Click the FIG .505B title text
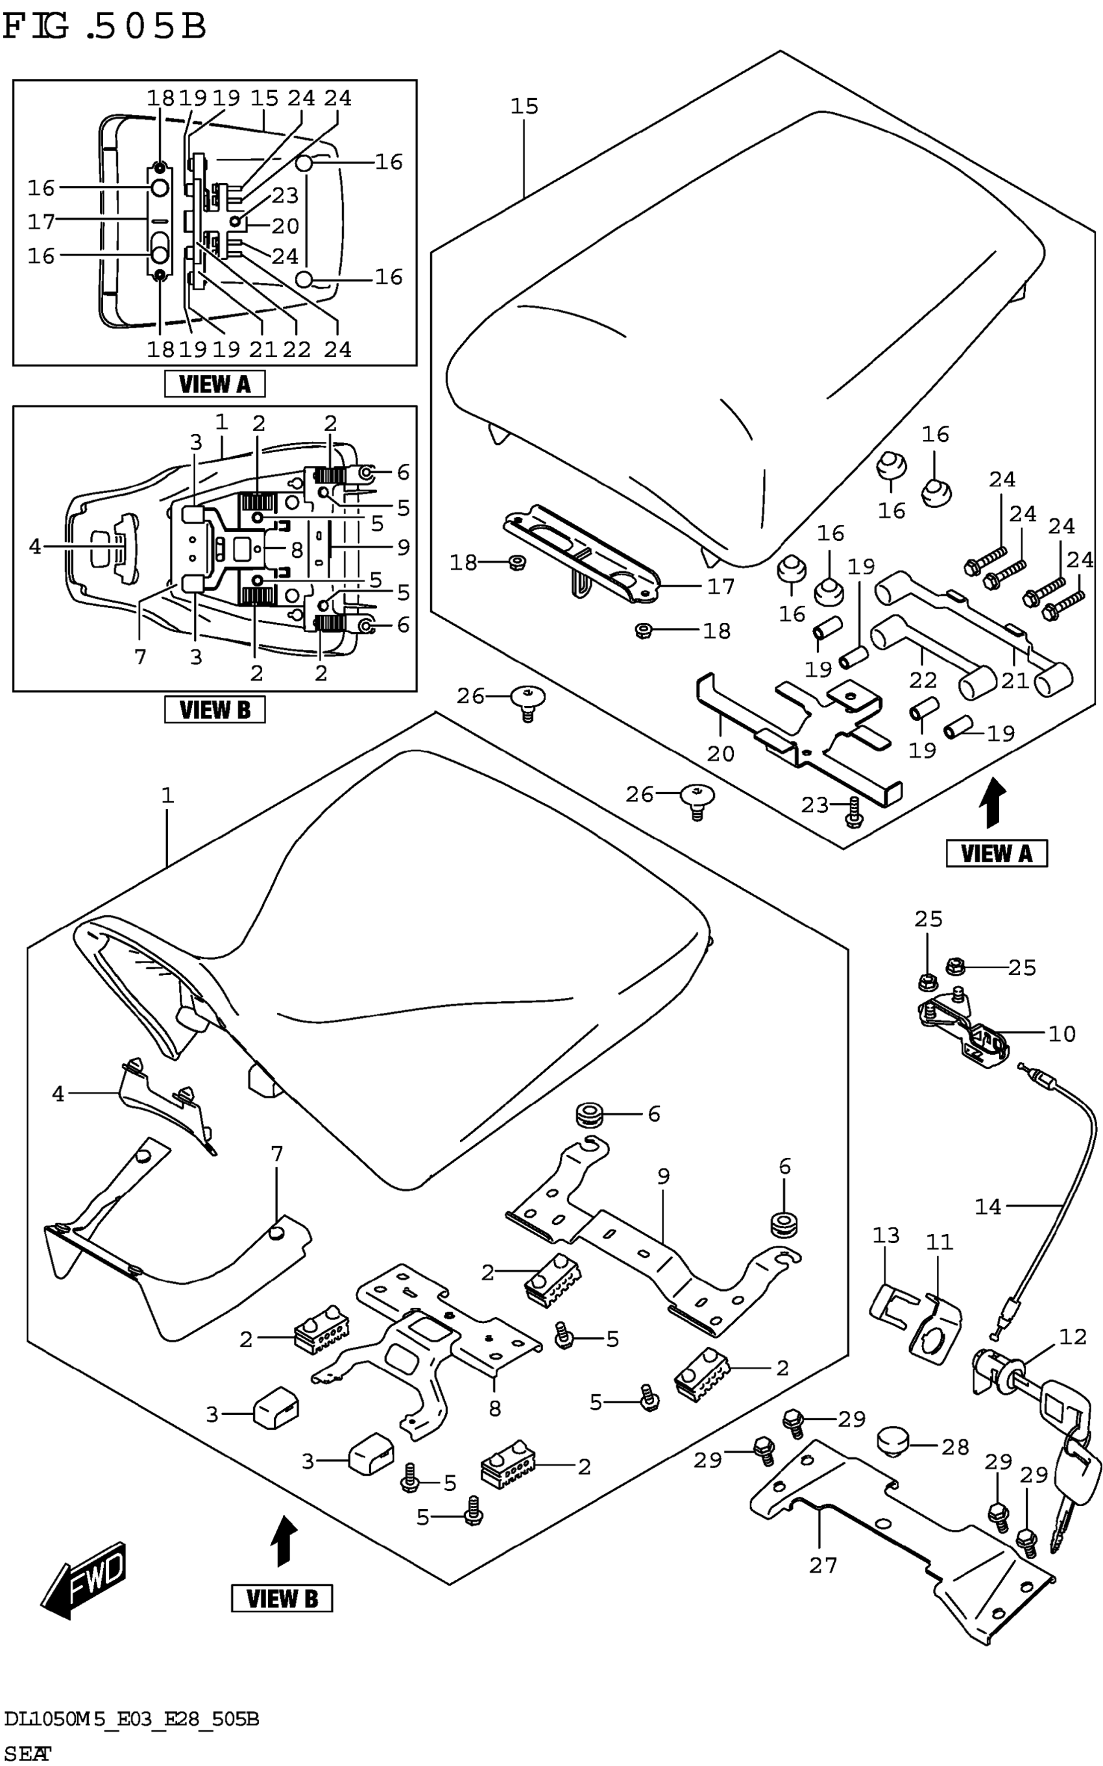[104, 27]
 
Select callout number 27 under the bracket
[823, 1565]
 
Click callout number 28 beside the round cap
[955, 1447]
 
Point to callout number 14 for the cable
[988, 1207]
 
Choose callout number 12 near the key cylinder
[1073, 1337]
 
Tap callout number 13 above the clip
[886, 1236]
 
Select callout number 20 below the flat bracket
[720, 753]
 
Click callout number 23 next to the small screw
[815, 804]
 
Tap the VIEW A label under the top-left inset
[215, 383]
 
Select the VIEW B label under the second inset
[215, 709]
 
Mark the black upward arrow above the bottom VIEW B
[284, 1542]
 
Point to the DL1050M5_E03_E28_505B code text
[131, 1719]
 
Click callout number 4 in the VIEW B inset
[35, 546]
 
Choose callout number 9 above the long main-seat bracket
[663, 1177]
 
